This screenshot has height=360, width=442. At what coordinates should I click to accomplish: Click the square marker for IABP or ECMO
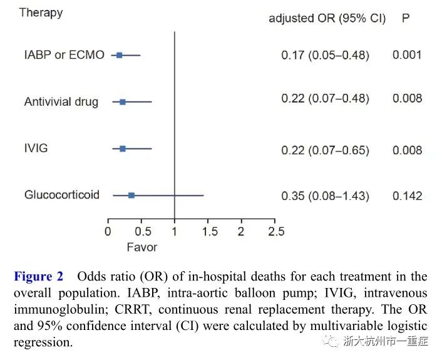point(119,55)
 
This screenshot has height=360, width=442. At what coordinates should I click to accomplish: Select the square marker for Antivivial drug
point(123,101)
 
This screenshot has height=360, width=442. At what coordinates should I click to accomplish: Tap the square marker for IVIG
point(123,148)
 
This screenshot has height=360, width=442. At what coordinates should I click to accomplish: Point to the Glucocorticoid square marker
point(131,195)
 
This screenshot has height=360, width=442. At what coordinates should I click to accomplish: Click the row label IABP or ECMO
point(64,55)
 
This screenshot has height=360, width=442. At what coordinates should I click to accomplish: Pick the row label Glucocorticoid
point(62,195)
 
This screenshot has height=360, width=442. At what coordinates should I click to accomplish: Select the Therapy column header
point(41,13)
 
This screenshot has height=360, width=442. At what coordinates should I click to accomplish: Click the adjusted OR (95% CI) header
point(327,18)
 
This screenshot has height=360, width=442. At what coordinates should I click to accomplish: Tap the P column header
point(406,18)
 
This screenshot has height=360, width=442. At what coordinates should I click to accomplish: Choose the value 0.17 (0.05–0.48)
point(325,55)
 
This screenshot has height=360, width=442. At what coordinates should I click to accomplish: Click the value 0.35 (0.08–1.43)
point(325,196)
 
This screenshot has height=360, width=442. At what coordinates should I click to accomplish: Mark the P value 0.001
point(407,55)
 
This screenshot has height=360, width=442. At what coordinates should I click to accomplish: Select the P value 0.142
point(407,196)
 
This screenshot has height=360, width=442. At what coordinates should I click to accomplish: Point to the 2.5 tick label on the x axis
point(275,232)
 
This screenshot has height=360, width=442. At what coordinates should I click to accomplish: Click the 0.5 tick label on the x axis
point(141,232)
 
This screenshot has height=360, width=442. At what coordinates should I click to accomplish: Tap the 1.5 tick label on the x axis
point(208,232)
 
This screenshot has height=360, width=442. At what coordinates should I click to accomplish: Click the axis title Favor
point(141,247)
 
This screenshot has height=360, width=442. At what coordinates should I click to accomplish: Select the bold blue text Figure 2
point(39,277)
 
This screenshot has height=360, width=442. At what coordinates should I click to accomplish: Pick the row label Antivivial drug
point(61,102)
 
